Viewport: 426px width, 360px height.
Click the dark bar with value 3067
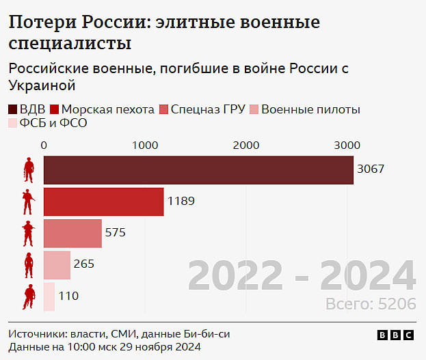point(198,170)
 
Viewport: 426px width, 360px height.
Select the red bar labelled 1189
point(103,202)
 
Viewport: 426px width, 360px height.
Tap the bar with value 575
point(72,233)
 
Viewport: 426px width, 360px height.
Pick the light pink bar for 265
point(57,264)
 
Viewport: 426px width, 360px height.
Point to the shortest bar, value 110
point(49,296)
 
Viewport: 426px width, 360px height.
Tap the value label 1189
point(181,202)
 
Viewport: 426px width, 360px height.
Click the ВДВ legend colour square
point(13,109)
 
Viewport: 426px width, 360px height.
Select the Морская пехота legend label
point(108,109)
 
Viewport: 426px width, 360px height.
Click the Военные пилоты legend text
point(310,109)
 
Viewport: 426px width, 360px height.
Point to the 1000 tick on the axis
point(145,145)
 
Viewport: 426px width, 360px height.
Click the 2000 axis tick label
point(245,145)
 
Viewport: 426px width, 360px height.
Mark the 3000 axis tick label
point(347,145)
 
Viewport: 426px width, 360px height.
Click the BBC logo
point(395,335)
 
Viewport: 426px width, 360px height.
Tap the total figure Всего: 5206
point(370,304)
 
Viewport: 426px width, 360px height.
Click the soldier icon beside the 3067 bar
point(29,170)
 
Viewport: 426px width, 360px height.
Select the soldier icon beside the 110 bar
point(29,296)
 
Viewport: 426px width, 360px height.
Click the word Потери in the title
point(42,23)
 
